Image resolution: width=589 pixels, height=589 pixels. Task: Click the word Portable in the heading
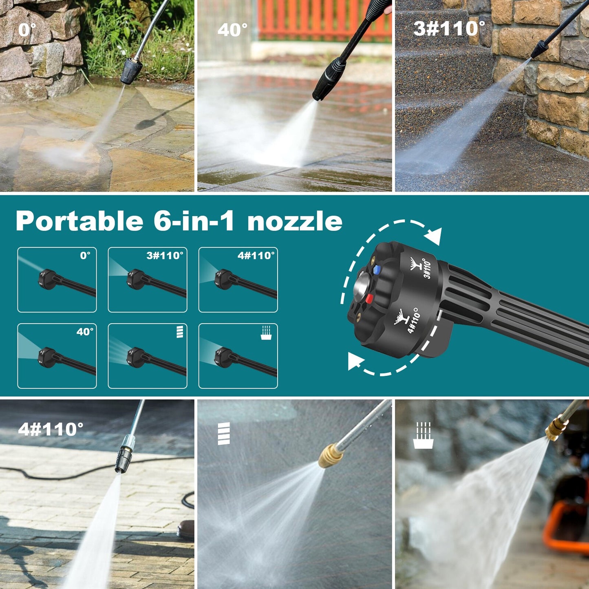[79, 221]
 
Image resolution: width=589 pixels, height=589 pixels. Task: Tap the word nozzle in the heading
[294, 221]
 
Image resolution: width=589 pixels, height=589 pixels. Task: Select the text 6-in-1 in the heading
[194, 221]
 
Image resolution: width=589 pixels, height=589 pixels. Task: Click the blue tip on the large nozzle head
[376, 270]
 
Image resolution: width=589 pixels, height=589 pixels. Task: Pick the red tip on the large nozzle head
[369, 299]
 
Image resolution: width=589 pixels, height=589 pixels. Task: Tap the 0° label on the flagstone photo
[27, 30]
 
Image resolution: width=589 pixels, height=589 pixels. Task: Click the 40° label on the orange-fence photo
[232, 30]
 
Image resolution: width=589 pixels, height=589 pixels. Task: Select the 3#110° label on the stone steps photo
[449, 29]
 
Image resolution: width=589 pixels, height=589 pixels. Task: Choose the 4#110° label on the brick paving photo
[51, 429]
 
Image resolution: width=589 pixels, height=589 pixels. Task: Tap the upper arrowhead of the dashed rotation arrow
[433, 236]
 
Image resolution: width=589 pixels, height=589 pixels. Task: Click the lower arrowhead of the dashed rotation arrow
[355, 360]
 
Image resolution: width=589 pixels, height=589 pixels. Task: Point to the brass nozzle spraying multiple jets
[331, 456]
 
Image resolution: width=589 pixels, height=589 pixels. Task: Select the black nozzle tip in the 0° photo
[131, 71]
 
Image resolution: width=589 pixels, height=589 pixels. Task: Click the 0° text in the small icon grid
[85, 256]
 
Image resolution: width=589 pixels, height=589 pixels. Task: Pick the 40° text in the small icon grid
[85, 332]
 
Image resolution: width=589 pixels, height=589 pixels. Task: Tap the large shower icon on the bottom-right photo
[423, 436]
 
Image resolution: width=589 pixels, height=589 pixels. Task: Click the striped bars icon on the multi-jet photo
[224, 433]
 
